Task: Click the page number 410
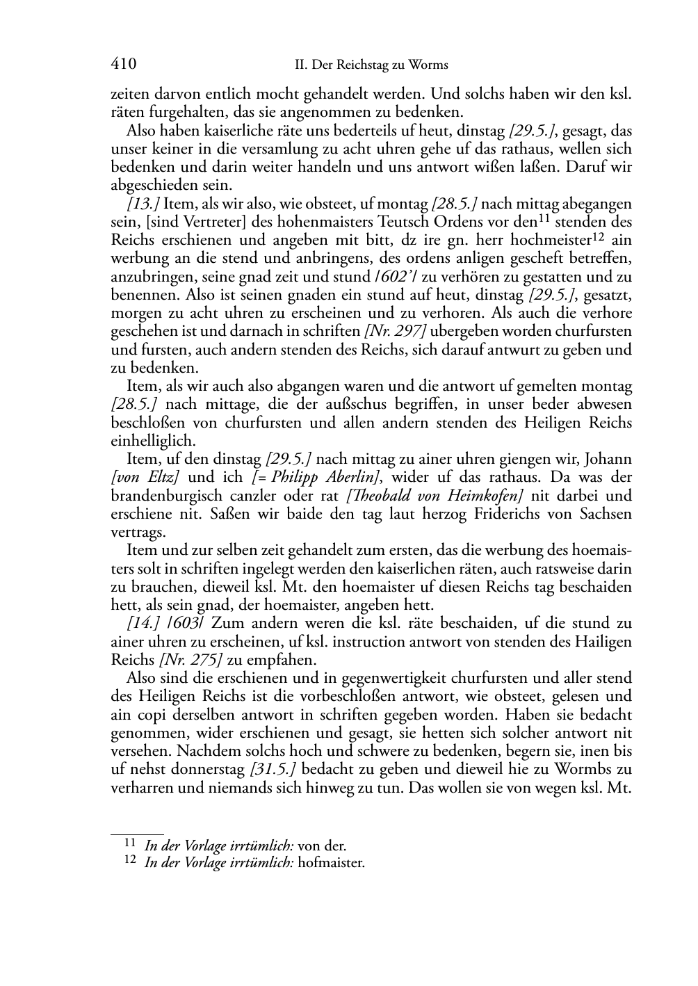tap(124, 65)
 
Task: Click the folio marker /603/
tap(184, 623)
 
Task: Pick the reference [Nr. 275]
tap(194, 660)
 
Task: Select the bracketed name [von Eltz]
tap(147, 478)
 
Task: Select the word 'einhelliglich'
tap(153, 441)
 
